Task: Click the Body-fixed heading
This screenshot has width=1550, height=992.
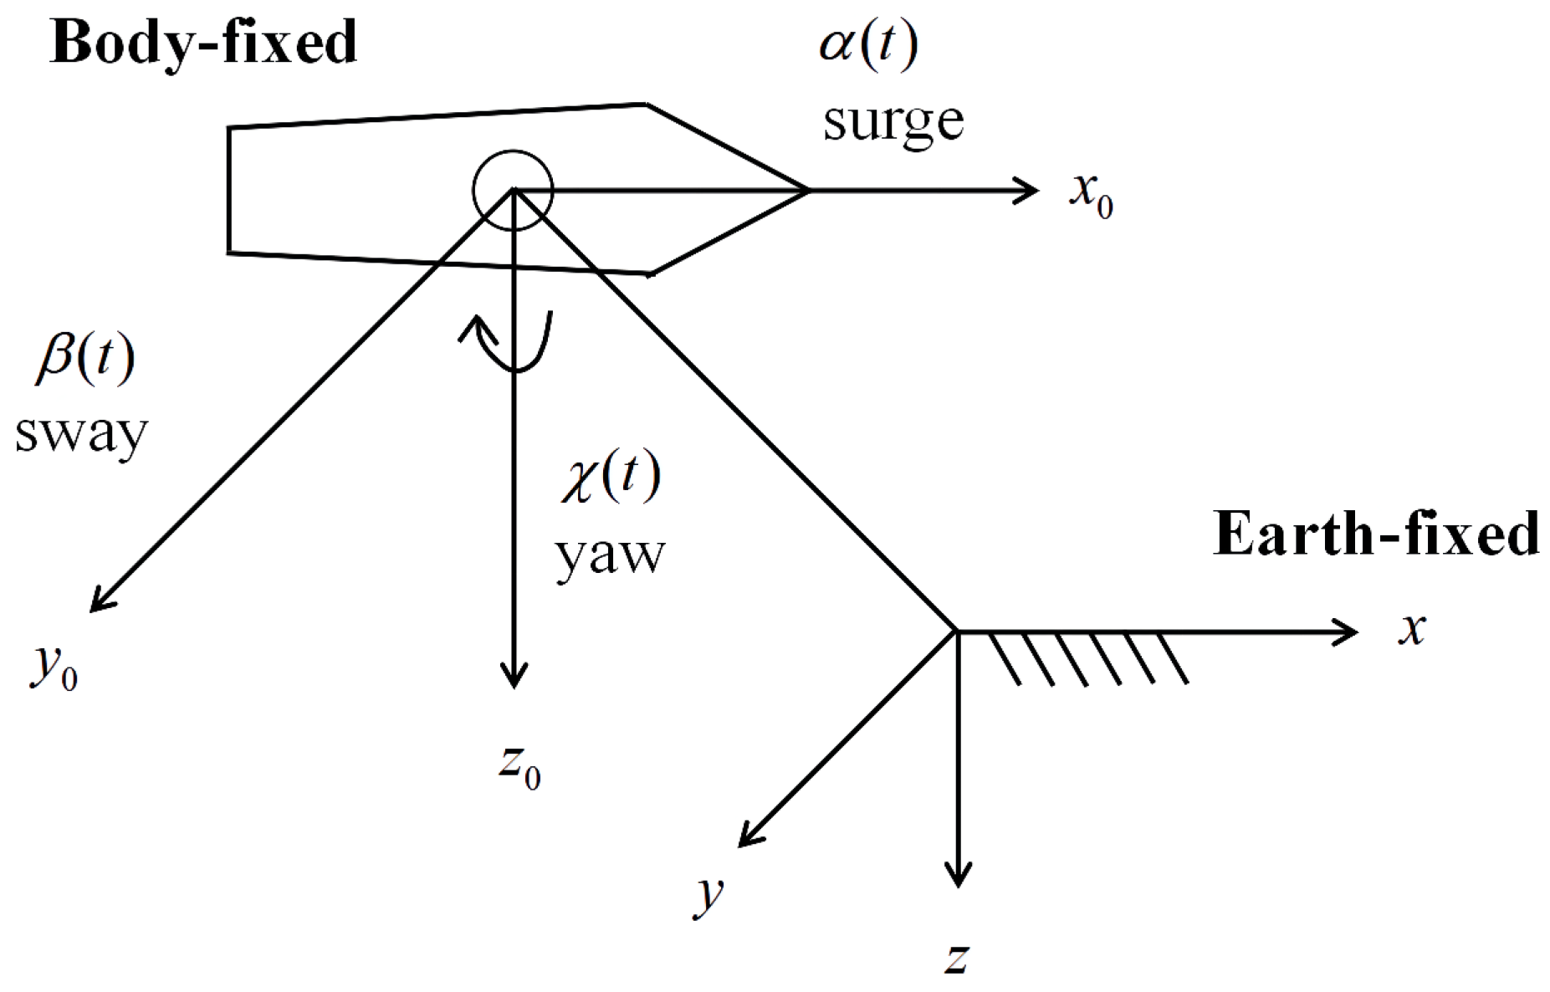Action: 203,43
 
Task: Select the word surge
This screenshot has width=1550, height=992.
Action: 893,122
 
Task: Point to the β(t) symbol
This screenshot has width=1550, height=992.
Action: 84,360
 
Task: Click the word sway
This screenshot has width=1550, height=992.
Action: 81,434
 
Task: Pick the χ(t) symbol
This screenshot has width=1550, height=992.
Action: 611,478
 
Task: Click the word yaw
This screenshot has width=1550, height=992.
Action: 610,554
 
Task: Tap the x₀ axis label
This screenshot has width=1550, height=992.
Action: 1090,194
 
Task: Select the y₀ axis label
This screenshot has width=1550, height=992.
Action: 54,667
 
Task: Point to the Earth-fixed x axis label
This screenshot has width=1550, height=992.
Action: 1412,628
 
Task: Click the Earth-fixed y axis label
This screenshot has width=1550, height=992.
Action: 708,894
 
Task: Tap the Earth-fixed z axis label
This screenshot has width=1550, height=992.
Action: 956,957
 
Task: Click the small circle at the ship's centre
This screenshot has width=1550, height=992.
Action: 513,190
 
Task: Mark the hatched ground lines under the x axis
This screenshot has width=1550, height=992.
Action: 1087,659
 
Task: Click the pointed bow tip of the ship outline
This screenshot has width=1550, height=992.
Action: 807,191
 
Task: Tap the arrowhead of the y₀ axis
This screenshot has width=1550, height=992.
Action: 100,601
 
